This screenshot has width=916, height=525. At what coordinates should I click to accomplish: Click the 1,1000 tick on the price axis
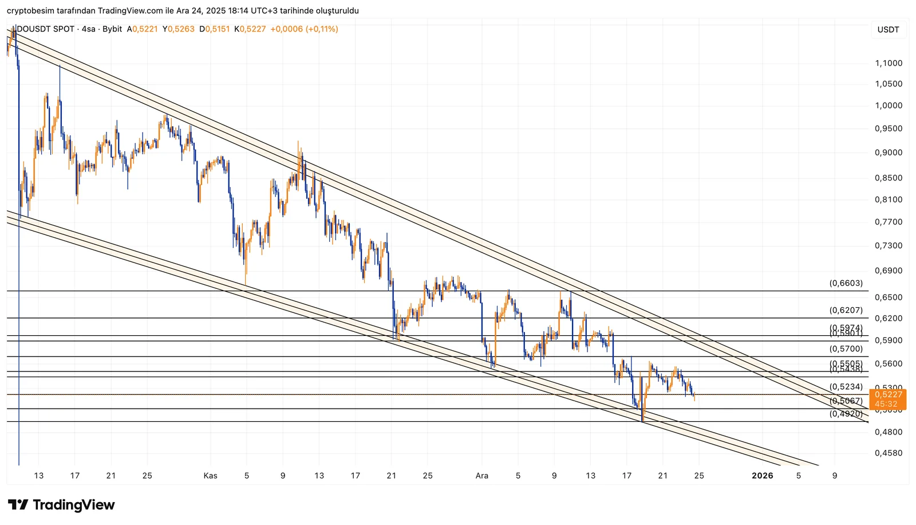click(889, 63)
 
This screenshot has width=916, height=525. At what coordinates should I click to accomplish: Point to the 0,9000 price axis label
click(889, 152)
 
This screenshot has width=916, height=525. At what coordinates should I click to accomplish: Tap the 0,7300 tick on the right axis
click(889, 245)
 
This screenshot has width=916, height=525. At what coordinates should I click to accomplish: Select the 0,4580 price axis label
click(889, 453)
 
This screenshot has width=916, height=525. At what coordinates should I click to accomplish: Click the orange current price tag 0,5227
click(888, 394)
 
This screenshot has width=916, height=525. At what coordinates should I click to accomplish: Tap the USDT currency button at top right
click(888, 30)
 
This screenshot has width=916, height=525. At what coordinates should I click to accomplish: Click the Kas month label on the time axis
click(210, 475)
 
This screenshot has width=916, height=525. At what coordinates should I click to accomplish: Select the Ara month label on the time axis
click(481, 475)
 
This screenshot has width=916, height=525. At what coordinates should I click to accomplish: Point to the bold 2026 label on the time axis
click(762, 475)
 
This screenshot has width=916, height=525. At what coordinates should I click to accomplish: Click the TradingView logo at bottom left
click(62, 505)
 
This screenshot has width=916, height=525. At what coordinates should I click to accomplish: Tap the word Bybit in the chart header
click(112, 29)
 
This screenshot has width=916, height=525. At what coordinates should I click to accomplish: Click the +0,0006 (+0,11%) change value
click(304, 29)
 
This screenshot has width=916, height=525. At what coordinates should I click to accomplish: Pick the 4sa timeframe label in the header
click(89, 29)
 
